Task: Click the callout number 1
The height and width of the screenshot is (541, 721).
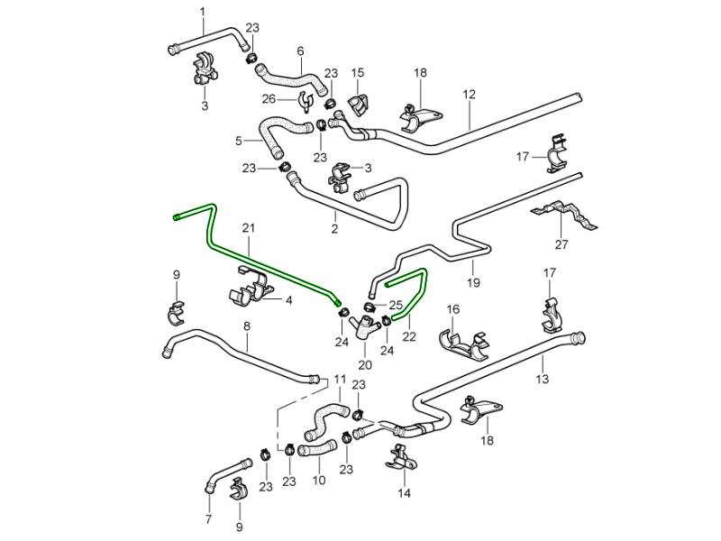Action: [x=202, y=11]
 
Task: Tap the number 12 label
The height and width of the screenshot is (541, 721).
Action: [x=469, y=94]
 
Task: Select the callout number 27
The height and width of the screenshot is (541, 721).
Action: [x=561, y=244]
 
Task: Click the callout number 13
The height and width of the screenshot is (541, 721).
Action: [x=543, y=381]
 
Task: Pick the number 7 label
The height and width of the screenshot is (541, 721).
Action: [x=208, y=518]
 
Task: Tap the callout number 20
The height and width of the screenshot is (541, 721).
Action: [x=364, y=365]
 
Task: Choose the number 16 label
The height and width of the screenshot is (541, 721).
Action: [x=453, y=309]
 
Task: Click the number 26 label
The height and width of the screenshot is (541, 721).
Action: [x=269, y=98]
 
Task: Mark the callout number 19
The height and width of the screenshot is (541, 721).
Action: [x=473, y=283]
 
